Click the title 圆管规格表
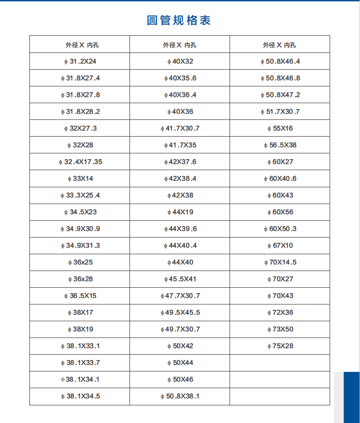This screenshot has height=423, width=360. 179,20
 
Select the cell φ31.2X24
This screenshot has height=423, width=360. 80,62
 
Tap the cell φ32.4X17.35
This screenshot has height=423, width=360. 80,162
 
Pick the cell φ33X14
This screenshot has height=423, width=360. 80,179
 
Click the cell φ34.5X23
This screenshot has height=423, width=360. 80,212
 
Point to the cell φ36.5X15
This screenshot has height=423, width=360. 80,296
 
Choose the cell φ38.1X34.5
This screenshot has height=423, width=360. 80,396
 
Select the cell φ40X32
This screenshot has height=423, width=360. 180,62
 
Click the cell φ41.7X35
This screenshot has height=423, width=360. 180,145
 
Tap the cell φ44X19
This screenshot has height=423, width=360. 180,212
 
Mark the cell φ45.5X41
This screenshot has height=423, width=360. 180,279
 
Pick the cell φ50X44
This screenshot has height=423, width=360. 180,363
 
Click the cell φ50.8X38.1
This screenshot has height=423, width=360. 180,396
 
